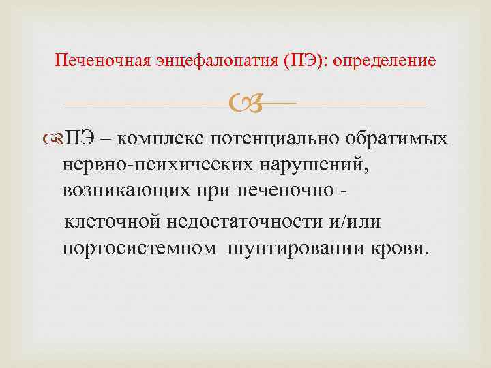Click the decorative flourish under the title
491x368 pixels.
[x=245, y=104]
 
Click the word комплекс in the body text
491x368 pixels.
[x=161, y=138]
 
